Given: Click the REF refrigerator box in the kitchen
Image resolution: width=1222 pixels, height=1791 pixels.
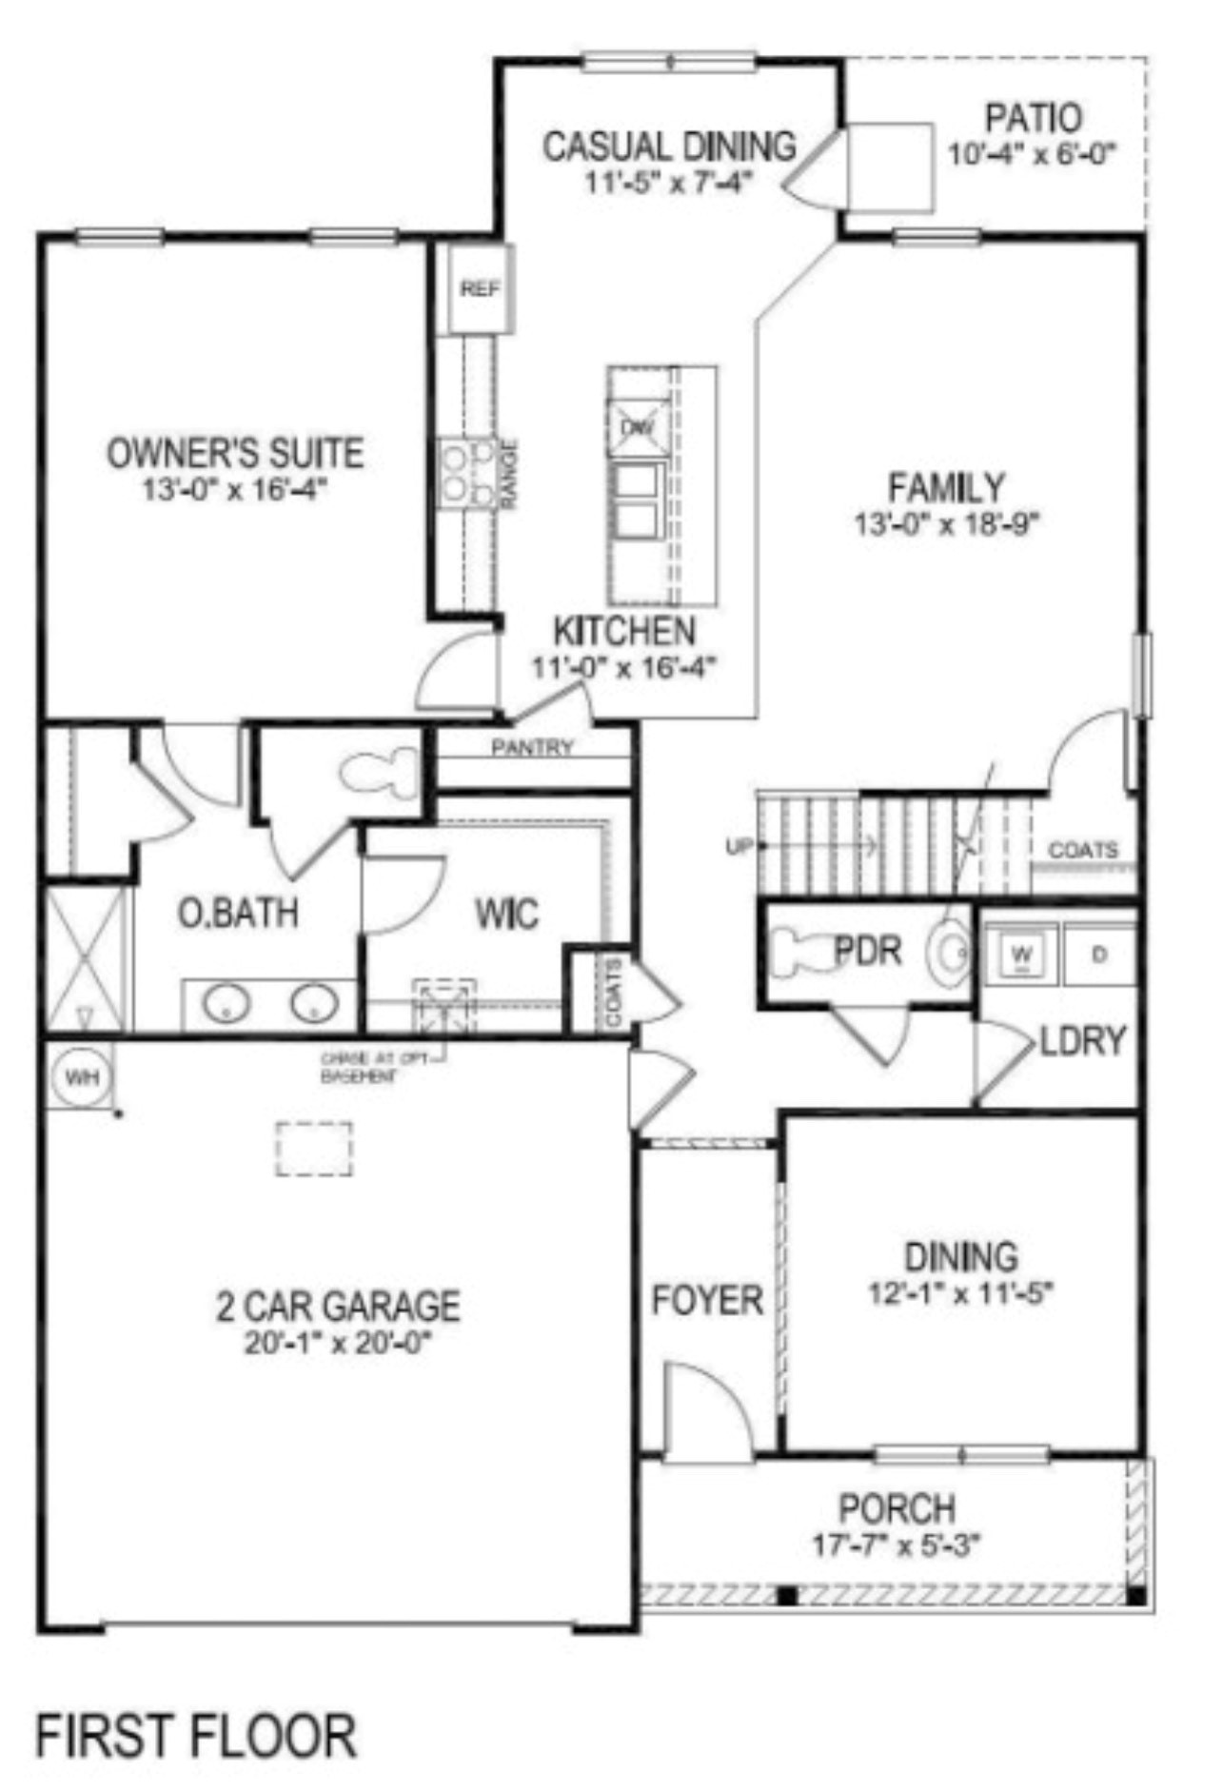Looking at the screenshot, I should click(x=481, y=289).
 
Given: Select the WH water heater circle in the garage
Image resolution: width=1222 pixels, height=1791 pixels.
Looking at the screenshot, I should click(x=81, y=1078).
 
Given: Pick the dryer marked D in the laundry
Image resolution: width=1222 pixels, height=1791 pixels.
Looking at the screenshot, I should click(x=1100, y=954).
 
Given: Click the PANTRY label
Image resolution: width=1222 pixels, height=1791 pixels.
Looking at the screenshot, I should click(x=532, y=748).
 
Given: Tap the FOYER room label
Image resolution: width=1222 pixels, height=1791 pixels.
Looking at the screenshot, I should click(x=706, y=1300).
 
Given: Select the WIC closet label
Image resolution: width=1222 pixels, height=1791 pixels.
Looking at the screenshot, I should click(x=507, y=914).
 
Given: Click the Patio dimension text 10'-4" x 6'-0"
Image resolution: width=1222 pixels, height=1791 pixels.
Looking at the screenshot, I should click(x=1032, y=154).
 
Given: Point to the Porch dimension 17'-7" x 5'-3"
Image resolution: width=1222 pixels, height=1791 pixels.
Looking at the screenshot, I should click(x=896, y=1545).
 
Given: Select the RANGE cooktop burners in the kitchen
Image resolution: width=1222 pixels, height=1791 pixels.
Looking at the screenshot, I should click(x=469, y=474).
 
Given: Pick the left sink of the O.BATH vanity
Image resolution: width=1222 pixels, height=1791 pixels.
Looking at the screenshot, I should click(x=227, y=1002).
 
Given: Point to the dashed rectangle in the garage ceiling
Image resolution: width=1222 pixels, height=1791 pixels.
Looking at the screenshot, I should click(x=314, y=1149).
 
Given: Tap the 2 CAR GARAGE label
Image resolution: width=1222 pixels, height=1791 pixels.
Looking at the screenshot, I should click(x=338, y=1306).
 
